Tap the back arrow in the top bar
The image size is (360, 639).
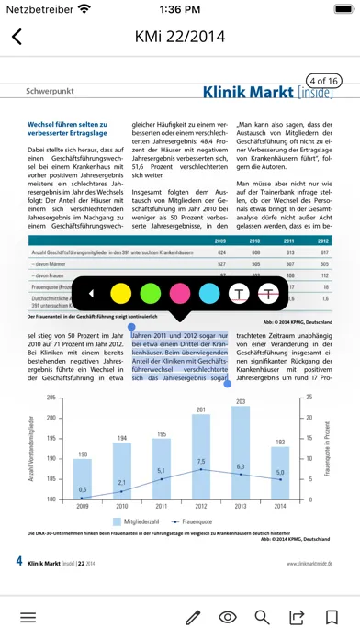[17, 38]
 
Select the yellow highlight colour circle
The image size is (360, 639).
[119, 294]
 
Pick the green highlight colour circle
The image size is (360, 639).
[150, 294]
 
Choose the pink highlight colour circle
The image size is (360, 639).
[179, 294]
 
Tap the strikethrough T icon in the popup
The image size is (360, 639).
[268, 294]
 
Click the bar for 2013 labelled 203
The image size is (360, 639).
[241, 441]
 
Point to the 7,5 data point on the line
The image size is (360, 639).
[201, 470]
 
